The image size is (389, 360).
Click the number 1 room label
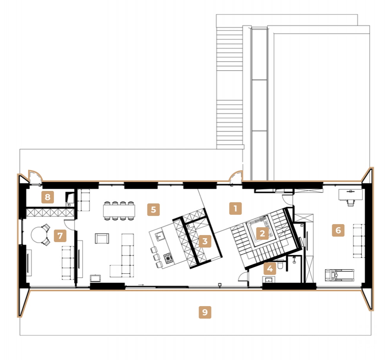pos(235,209)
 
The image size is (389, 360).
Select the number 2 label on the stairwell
pos(262,233)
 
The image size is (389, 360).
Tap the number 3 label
pos(204,241)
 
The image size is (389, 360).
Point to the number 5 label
pos(153,209)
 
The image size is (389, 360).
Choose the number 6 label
pos(338,230)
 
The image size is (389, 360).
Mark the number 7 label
pos(59,236)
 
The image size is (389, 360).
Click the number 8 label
pos(47,197)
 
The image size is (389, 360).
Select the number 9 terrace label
pos(205,312)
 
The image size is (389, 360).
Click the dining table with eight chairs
pos(119,211)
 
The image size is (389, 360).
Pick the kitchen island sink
pos(159,236)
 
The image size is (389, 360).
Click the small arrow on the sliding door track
pos(141,285)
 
